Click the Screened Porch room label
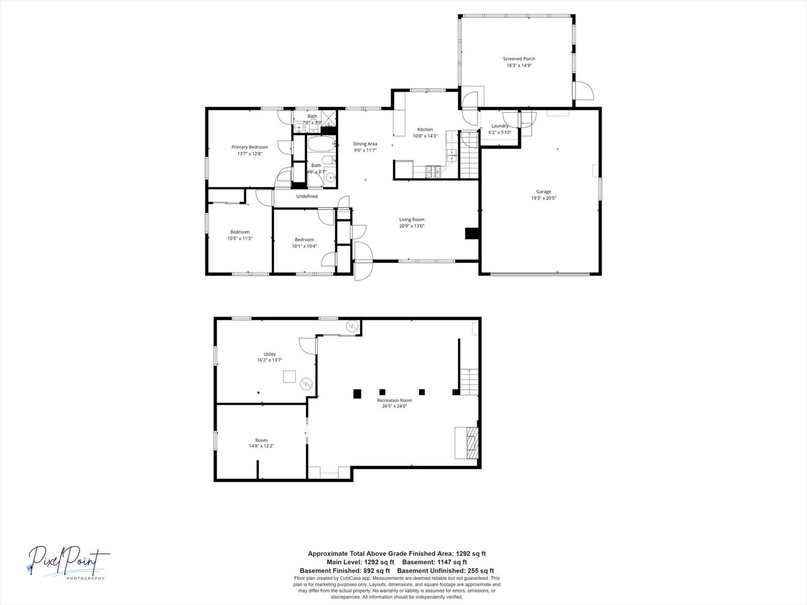(518, 59)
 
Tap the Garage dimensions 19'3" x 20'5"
(543, 198)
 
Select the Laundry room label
(500, 126)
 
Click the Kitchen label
(425, 129)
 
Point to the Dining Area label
(365, 144)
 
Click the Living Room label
(411, 220)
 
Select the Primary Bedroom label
(249, 147)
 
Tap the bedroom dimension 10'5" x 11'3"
(240, 238)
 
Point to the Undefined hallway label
(307, 197)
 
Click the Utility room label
(270, 354)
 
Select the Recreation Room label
(395, 400)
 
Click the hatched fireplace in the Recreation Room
(471, 443)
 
